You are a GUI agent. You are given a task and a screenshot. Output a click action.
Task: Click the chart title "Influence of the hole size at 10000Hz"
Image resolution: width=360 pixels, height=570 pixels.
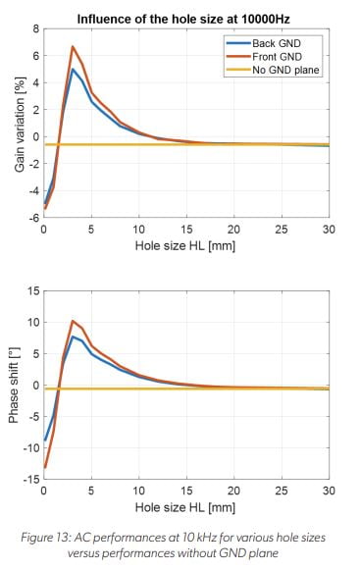coord(185,16)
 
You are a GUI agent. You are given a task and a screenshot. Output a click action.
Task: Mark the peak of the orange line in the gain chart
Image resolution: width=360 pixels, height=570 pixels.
coord(73,47)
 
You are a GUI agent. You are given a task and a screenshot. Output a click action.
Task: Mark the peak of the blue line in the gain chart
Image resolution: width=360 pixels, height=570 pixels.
coord(73,69)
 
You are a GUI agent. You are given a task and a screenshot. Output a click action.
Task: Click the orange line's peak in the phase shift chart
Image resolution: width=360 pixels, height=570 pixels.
coord(73,321)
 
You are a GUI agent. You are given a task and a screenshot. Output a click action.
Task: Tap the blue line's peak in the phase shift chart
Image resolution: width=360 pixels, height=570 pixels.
coord(73,337)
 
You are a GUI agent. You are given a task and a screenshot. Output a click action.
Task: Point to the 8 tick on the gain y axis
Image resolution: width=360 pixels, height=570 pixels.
coord(34,29)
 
